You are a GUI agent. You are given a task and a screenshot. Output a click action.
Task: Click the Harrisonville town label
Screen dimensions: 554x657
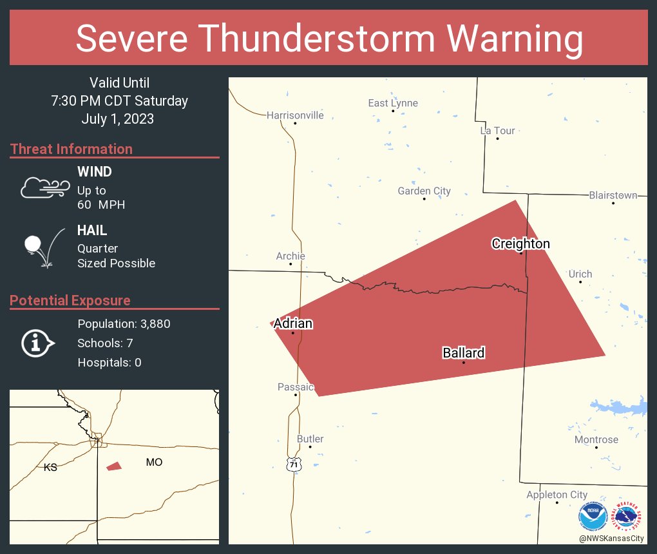coord(295,115)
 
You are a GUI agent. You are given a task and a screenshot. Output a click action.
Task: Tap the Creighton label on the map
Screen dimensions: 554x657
coord(520,244)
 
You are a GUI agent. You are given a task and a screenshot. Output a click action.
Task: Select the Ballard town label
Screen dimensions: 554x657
coord(463,353)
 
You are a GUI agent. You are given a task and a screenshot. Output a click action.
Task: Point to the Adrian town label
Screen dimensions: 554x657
coord(293,323)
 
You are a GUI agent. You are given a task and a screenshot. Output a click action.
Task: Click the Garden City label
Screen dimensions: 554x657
coord(424,191)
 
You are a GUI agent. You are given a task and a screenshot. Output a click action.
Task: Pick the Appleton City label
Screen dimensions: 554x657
coord(557,495)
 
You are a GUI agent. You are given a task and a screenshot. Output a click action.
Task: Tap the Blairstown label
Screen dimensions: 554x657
coord(613,195)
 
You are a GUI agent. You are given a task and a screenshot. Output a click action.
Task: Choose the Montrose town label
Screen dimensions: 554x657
coord(596,440)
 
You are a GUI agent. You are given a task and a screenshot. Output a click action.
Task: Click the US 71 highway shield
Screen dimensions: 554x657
coord(294,464)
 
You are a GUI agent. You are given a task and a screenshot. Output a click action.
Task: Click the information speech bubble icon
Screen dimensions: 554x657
coord(38,343)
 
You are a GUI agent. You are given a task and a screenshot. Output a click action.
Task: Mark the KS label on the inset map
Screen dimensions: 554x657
coord(50,468)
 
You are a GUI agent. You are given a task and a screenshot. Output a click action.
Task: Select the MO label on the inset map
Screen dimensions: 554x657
coord(154,462)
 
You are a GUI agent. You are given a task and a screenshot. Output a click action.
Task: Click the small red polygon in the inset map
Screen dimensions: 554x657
coord(114,466)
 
